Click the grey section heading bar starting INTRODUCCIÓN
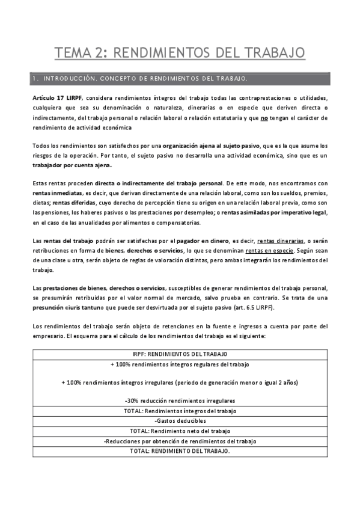(x=180, y=79)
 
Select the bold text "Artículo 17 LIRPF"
(x=57, y=97)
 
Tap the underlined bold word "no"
(x=264, y=118)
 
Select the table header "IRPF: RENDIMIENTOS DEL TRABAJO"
(x=180, y=354)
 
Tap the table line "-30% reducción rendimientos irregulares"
(x=180, y=401)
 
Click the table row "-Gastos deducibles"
(x=180, y=421)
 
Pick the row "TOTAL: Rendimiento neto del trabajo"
(x=180, y=431)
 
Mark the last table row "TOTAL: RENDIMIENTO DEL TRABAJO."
(x=180, y=451)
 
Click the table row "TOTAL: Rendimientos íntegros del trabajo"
(x=180, y=411)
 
